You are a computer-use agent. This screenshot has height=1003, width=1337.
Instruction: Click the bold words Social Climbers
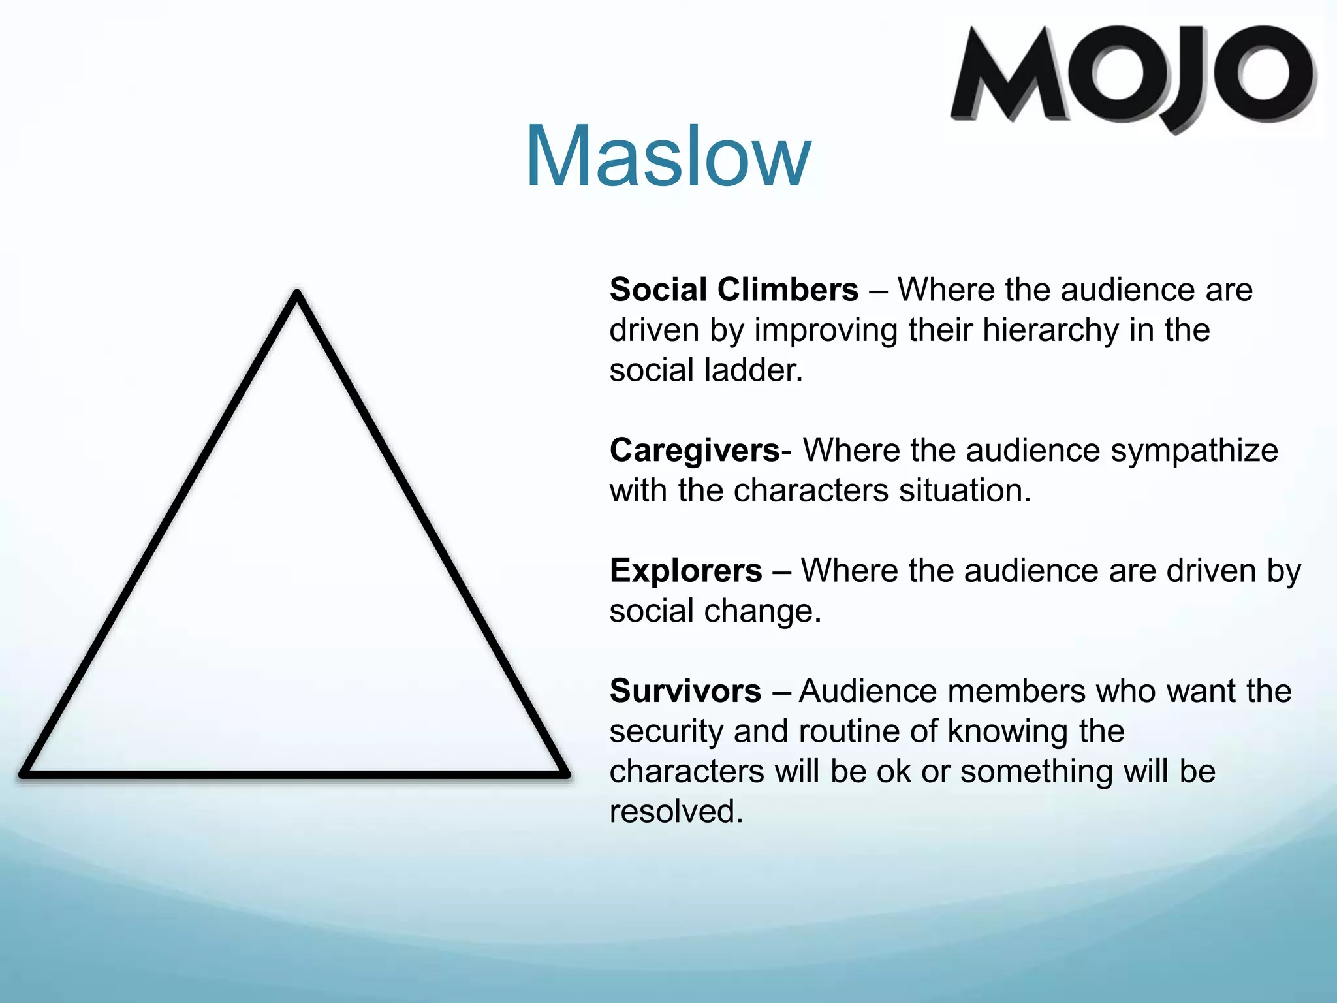tap(734, 289)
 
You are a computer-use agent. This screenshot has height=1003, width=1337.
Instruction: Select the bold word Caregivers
tap(695, 451)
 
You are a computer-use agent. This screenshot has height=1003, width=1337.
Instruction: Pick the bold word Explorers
tap(685, 571)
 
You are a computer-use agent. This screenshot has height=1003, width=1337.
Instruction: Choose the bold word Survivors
tap(685, 691)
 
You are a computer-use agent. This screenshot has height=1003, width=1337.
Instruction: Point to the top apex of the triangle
tap(297, 295)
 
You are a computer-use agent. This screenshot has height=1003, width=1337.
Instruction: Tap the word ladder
tap(753, 370)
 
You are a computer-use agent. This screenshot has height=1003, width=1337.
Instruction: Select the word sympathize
tap(1194, 451)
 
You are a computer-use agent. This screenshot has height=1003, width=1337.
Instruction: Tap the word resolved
tap(676, 812)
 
